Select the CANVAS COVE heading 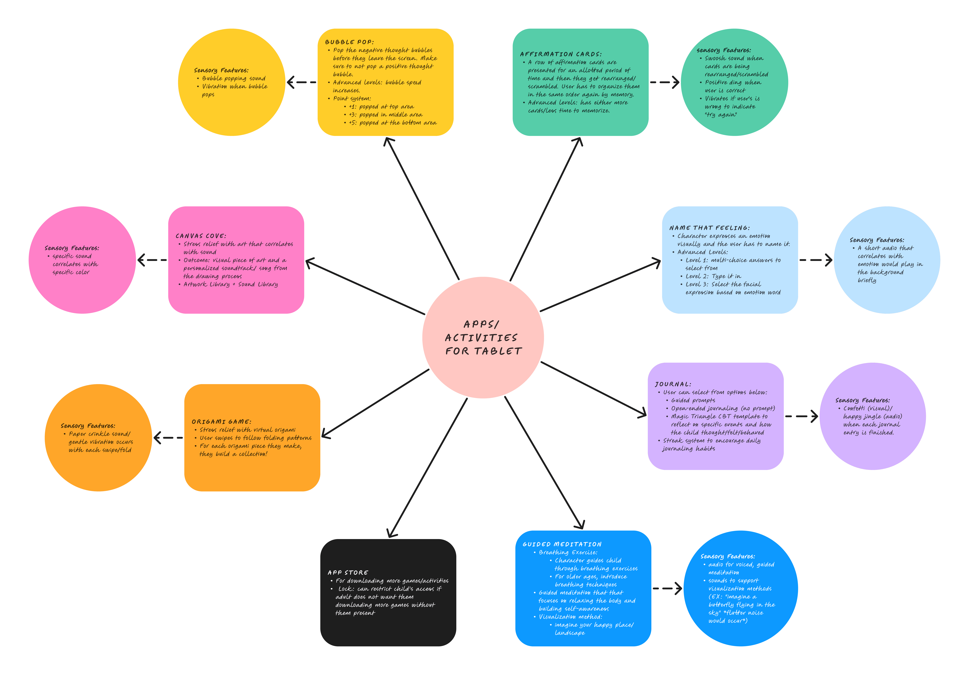coord(200,236)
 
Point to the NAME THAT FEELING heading coord(709,228)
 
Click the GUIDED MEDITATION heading coord(562,544)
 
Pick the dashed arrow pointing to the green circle coord(665,82)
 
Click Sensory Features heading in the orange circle coord(88,426)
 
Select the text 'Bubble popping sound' coord(233,78)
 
